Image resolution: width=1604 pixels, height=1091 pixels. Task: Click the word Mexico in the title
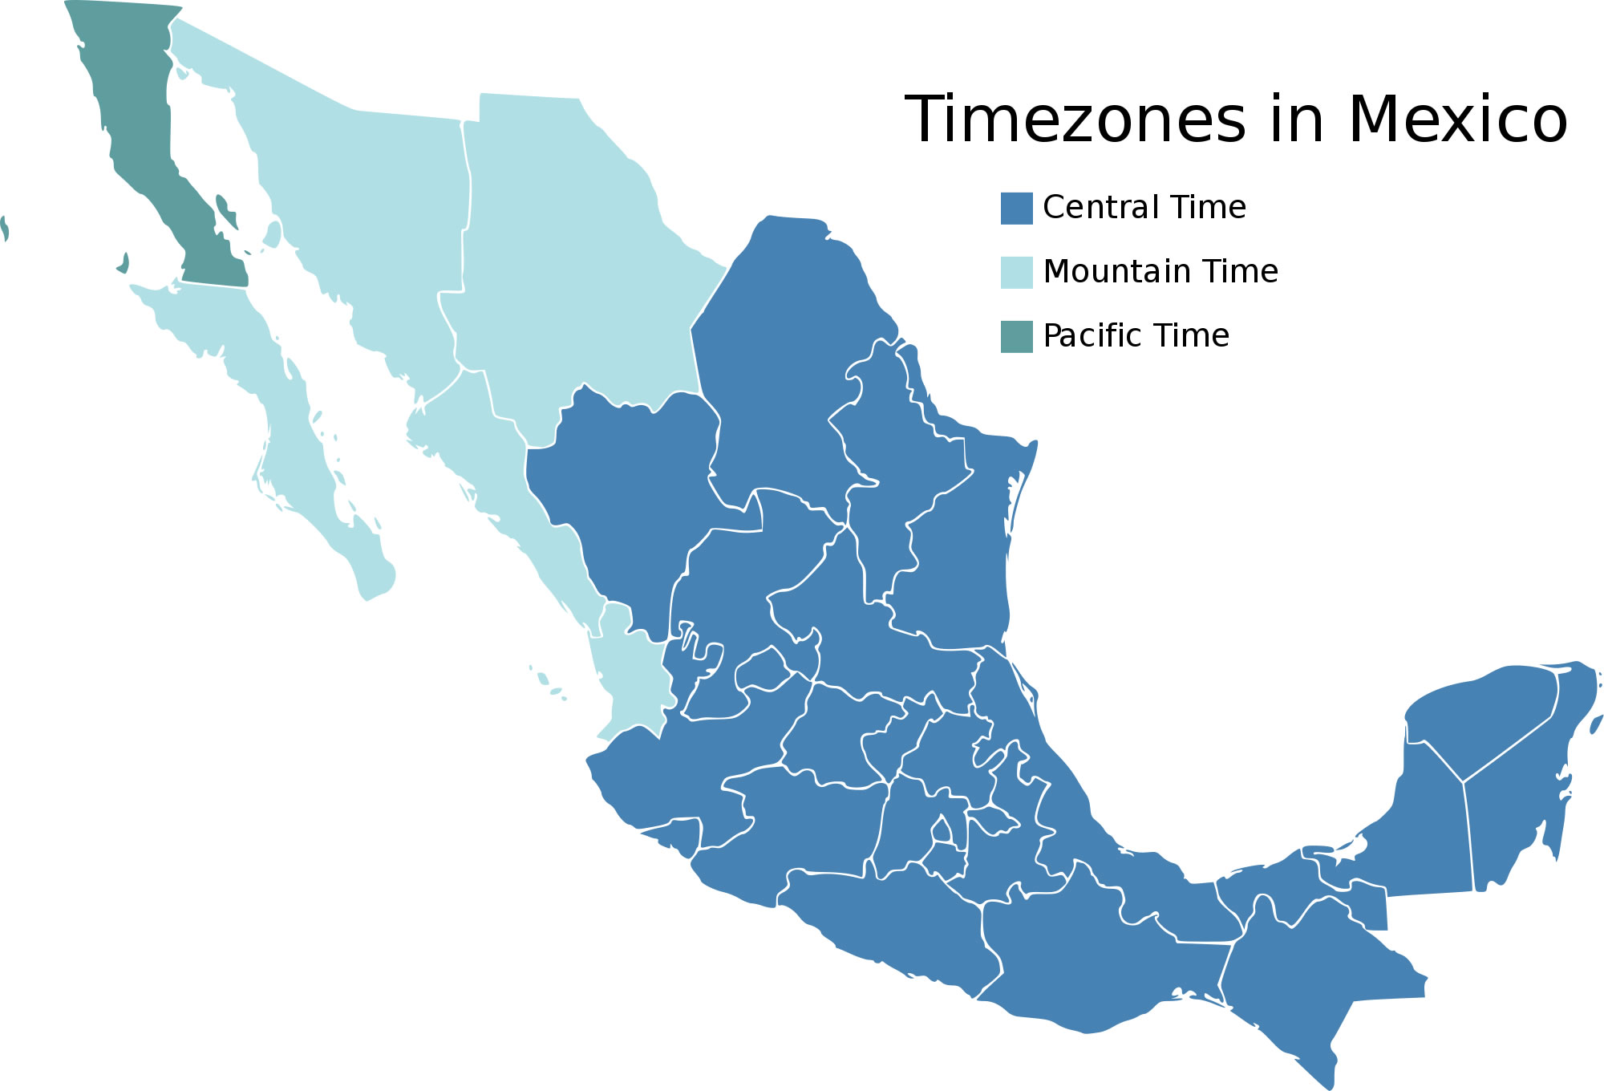1457,120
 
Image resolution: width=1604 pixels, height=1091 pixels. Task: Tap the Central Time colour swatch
1016,209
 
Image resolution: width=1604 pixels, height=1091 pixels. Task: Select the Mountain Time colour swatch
1016,273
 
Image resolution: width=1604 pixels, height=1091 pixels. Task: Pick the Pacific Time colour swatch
1016,337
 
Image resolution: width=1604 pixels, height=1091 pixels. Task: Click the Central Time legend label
1144,208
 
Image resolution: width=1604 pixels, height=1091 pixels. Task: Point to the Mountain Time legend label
1160,272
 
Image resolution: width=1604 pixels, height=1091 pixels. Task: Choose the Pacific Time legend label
1136,336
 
